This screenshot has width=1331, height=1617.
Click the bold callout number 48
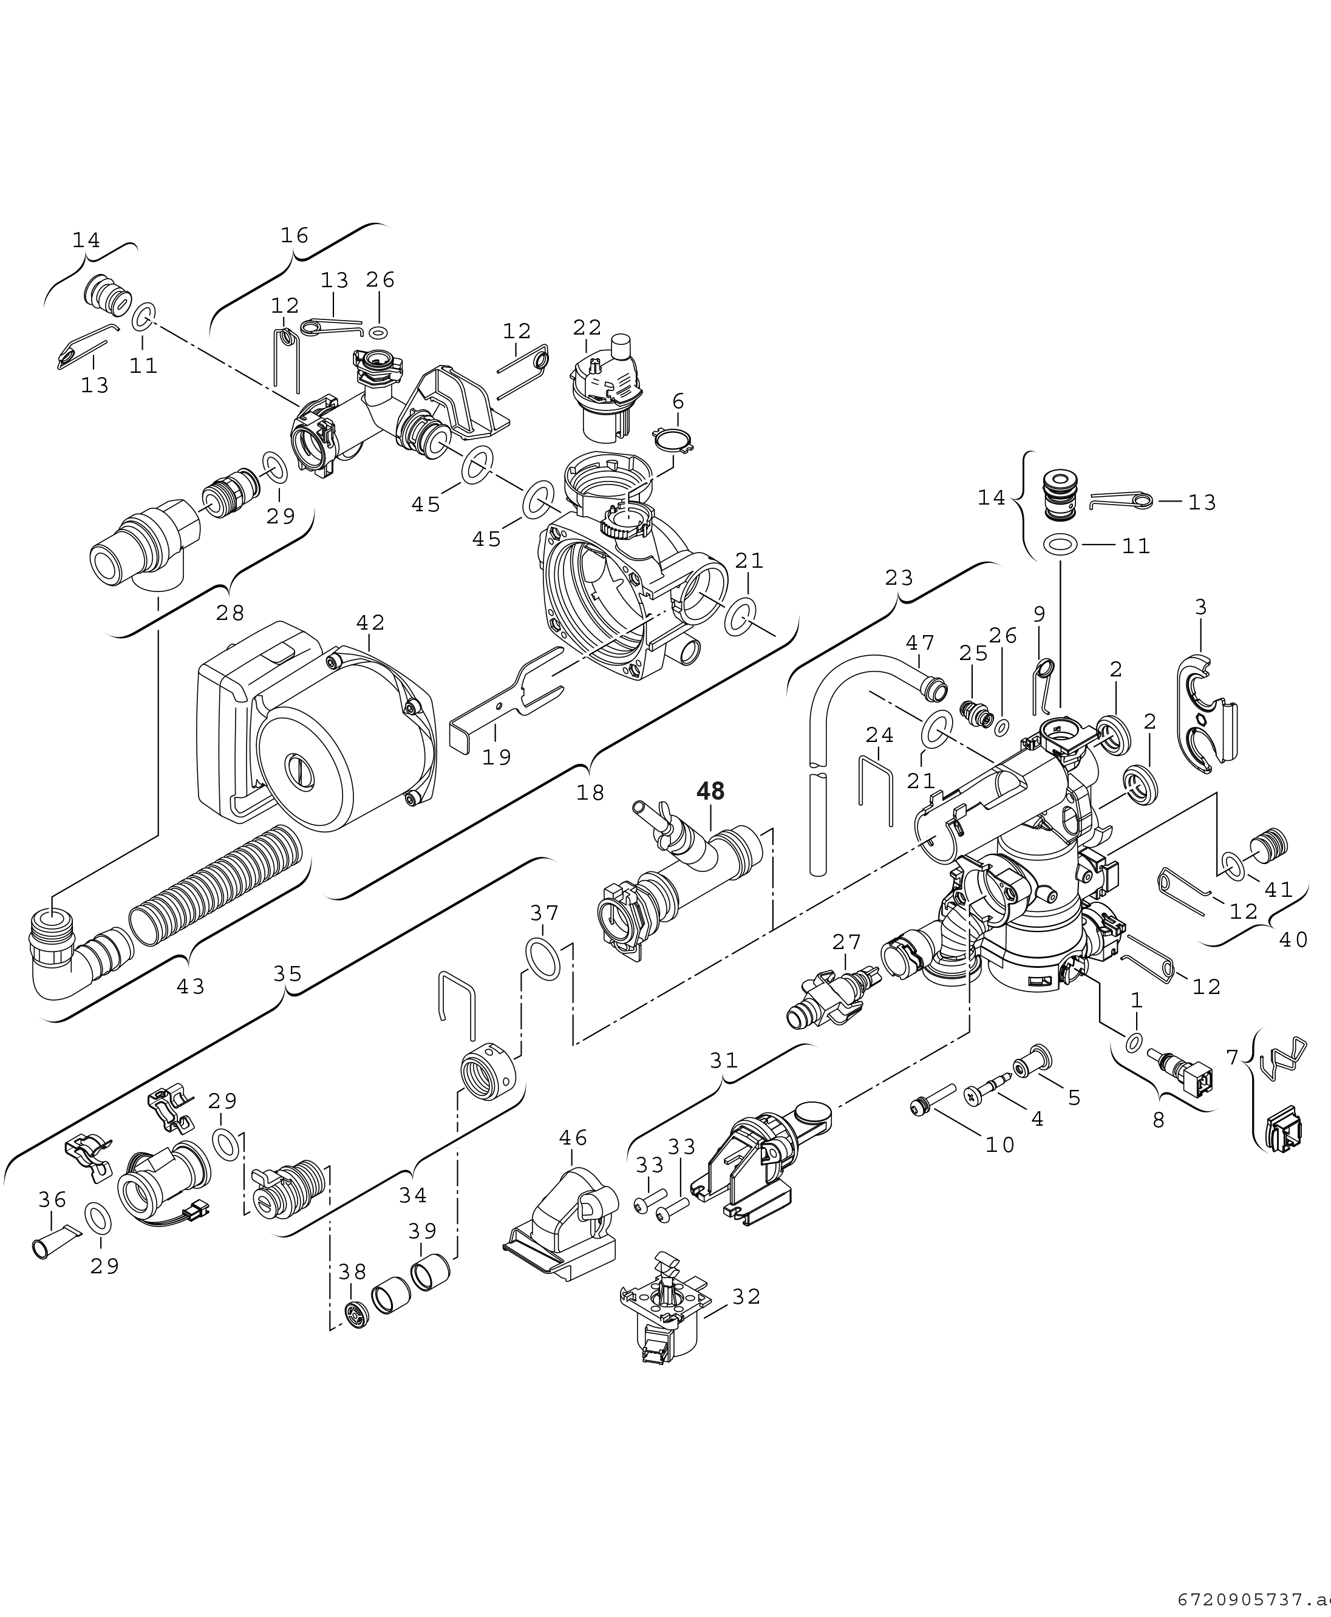tap(710, 791)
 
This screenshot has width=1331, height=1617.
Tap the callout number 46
tap(573, 1138)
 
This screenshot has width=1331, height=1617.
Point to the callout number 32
tap(746, 1296)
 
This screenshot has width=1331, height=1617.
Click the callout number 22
tap(587, 327)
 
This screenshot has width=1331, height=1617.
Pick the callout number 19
tap(497, 758)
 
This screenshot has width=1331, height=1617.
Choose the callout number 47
tap(920, 642)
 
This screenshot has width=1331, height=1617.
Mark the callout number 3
tap(1200, 607)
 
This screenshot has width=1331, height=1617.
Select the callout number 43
tap(191, 987)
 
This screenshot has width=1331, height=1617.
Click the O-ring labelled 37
tap(543, 958)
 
